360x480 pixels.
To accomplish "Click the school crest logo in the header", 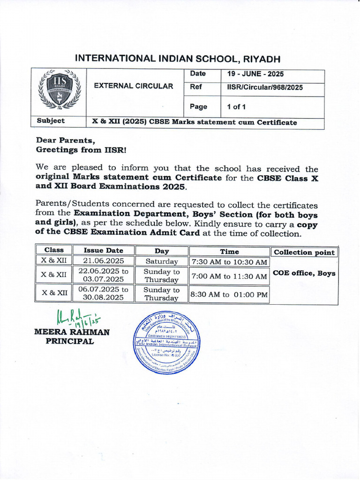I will coord(59,90).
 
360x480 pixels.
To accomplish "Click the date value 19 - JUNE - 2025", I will coord(255,74).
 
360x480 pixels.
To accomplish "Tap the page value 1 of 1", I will coord(236,107).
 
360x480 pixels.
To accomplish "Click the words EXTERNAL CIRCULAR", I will coord(134,86).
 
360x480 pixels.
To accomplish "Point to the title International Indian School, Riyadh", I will coord(178,59).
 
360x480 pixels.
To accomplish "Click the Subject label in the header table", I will coord(51,121).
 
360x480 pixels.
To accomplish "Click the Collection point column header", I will coord(304,252).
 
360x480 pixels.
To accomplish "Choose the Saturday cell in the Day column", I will coord(161,262).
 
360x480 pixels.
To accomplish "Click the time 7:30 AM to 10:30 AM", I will coord(229,262).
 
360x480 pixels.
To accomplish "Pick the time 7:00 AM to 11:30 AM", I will coord(229,276).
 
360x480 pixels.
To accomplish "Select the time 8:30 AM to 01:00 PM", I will coord(229,294).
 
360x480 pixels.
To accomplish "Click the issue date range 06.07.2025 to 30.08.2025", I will coord(103,293).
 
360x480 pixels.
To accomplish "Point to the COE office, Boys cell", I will coord(304,273).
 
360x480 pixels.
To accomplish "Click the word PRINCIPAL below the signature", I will coord(69,341).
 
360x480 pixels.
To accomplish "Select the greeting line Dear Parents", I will coord(66,140).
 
